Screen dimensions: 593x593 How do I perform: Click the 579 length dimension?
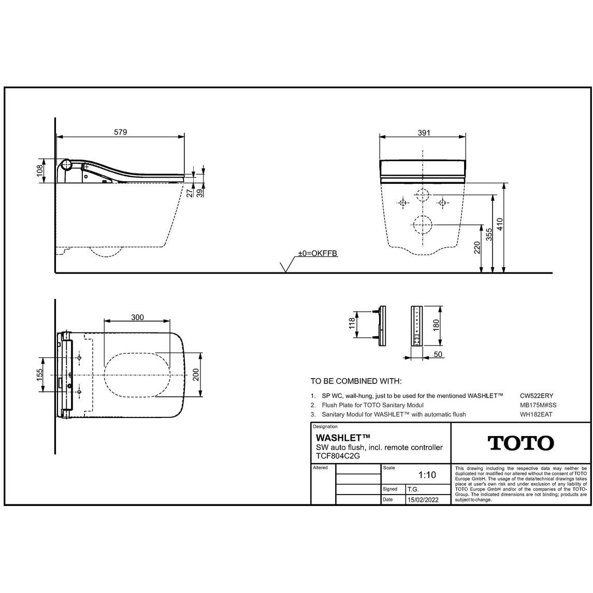point(121,132)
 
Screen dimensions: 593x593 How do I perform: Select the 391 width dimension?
point(424,133)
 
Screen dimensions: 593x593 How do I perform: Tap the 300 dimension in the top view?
point(137,317)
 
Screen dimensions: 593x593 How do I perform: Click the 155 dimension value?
point(40,375)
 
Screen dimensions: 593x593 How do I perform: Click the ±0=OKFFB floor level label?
point(317,253)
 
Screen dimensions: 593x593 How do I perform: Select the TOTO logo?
point(521,443)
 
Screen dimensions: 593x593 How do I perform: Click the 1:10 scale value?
point(427,474)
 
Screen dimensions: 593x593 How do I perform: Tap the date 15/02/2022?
point(423,500)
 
